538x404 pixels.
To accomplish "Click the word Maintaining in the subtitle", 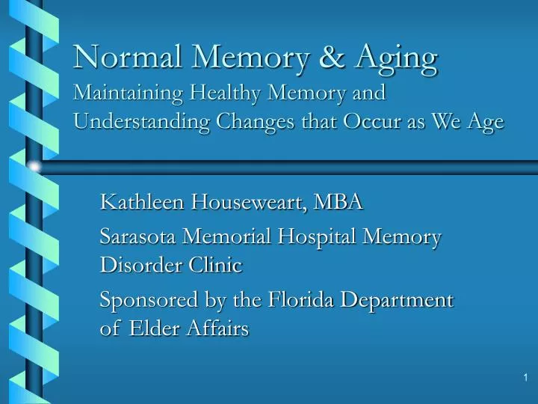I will click(128, 94).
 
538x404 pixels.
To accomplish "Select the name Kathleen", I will click(143, 201).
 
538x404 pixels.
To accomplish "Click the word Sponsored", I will click(148, 301).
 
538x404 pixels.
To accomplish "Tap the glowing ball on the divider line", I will click(33, 167).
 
